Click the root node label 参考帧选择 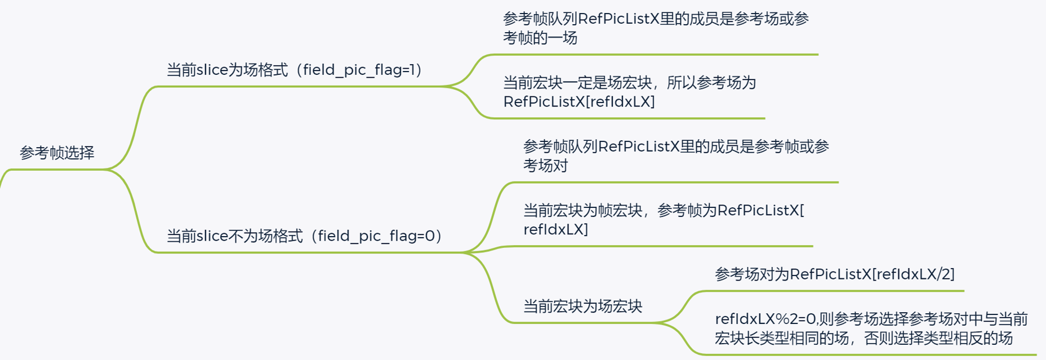(x=57, y=153)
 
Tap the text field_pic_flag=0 (x=376, y=235)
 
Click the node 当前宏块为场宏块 (x=582, y=306)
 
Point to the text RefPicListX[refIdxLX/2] (x=872, y=274)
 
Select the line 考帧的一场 (x=540, y=38)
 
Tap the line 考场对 (x=545, y=166)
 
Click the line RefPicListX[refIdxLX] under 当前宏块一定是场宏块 (x=578, y=102)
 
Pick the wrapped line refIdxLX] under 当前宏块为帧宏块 (x=555, y=229)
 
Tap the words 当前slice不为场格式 (x=234, y=235)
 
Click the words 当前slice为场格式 (x=227, y=70)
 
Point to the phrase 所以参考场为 (x=711, y=83)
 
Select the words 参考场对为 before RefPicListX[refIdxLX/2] (x=752, y=274)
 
